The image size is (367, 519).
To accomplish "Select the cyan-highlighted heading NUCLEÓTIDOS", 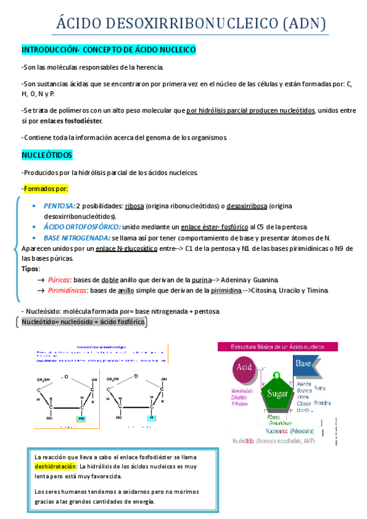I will [47, 155].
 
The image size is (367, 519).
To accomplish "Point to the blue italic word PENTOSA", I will [59, 206].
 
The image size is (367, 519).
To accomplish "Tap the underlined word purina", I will [219, 279].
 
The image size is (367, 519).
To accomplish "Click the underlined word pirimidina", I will [225, 290].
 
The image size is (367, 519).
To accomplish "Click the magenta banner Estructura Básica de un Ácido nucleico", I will [278, 346].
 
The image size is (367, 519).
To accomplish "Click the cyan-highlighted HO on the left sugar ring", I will [82, 419].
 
